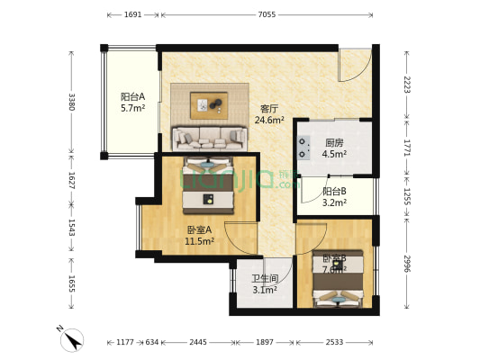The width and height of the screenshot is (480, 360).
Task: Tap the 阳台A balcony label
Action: [x=132, y=102]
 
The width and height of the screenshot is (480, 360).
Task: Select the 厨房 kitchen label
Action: [x=334, y=148]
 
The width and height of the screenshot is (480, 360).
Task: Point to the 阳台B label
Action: [x=334, y=196]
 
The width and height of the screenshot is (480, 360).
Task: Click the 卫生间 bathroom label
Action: [x=264, y=283]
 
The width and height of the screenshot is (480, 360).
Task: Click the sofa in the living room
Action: [x=209, y=138]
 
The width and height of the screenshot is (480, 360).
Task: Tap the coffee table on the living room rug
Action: [x=209, y=105]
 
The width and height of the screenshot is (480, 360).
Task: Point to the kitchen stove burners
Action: [x=303, y=148]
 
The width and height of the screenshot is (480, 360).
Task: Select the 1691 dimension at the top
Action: [x=131, y=15]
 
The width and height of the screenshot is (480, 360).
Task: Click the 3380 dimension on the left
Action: [x=71, y=101]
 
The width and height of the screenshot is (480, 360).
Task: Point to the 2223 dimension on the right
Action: [x=406, y=85]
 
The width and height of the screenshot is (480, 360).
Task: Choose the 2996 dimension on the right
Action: [x=406, y=263]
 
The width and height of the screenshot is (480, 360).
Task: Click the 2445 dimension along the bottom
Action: [x=197, y=342]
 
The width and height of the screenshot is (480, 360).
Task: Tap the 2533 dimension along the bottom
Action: [x=336, y=342]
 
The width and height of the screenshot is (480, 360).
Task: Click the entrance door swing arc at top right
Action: [x=355, y=64]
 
